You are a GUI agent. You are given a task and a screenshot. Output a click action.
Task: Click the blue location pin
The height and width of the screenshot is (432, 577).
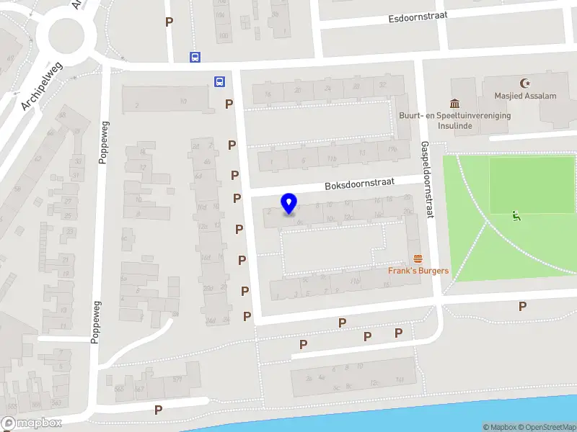(x=289, y=204)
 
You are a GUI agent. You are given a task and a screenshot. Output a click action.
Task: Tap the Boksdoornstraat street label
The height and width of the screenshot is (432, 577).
(x=359, y=184)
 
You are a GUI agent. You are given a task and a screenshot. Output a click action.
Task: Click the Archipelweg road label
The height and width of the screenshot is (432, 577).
(x=42, y=86)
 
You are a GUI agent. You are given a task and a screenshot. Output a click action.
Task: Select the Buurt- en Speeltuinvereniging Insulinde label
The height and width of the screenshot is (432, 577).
(x=455, y=120)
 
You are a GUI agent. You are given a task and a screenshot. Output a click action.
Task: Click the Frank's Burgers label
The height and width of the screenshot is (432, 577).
(x=418, y=271)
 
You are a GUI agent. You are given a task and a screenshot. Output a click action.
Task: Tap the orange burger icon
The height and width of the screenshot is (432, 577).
(x=417, y=258)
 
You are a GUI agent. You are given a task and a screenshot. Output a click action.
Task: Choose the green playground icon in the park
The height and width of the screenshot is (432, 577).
(x=516, y=215)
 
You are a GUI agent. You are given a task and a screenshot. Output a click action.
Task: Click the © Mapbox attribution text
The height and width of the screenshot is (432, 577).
(x=501, y=427)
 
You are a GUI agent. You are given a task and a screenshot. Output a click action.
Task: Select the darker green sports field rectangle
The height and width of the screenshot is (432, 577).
(x=532, y=185)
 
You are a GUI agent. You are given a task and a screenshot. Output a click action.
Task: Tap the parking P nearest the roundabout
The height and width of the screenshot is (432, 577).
(x=169, y=22)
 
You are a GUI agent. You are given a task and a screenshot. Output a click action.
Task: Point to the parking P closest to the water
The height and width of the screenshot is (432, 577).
(x=158, y=410)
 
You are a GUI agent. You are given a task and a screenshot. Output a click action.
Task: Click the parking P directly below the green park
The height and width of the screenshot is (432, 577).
(x=522, y=306)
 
